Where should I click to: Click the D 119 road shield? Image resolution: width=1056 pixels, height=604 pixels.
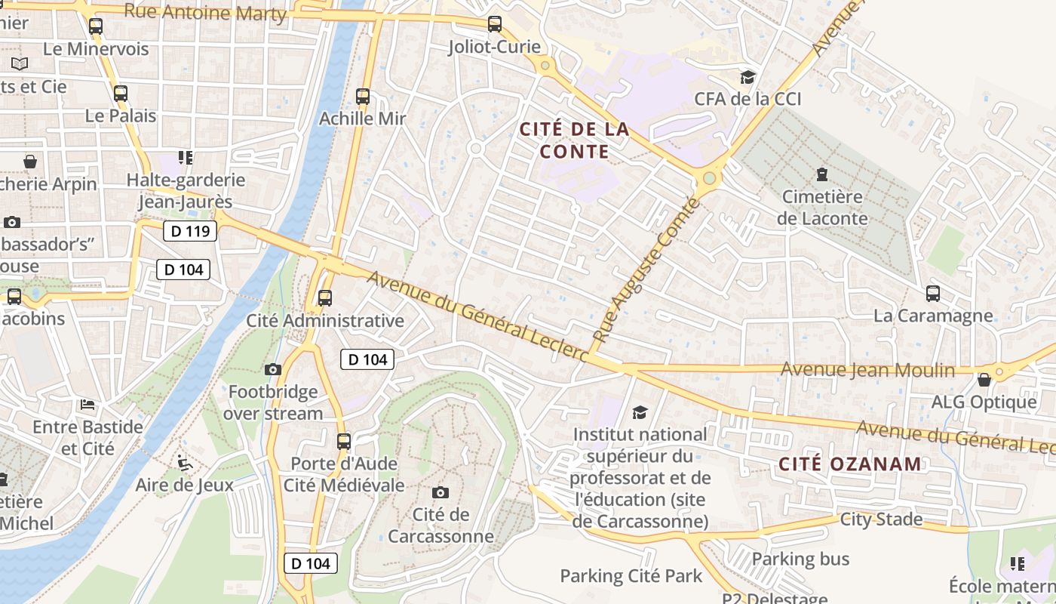(190, 231)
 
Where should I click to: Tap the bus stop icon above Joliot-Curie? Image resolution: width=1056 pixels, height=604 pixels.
(495, 24)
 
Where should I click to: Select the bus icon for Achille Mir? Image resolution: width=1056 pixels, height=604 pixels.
(363, 97)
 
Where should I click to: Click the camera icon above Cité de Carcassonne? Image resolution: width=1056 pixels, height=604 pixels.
(441, 493)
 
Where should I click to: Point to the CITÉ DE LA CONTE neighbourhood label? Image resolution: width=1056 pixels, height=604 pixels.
(574, 140)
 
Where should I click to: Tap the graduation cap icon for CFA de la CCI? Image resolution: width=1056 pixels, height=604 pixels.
(747, 77)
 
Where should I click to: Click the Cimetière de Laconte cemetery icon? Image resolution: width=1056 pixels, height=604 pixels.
(821, 175)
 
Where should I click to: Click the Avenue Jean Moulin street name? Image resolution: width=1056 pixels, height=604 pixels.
(867, 370)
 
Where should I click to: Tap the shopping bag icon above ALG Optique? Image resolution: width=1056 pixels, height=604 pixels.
(984, 380)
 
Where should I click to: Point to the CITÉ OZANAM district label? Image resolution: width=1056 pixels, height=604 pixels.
(849, 464)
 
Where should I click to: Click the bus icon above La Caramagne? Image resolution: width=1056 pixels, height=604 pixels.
(933, 294)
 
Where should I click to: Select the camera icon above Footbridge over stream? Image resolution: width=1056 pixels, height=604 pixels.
(273, 369)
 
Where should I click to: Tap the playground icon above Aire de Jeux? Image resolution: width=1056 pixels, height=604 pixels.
(183, 462)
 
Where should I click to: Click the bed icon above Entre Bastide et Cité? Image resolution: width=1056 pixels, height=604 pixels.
(87, 405)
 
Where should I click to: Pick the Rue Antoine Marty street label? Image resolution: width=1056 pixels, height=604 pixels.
(205, 13)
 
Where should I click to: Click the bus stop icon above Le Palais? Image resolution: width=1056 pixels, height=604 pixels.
(121, 94)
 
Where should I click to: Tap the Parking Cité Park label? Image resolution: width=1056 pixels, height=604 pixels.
(631, 576)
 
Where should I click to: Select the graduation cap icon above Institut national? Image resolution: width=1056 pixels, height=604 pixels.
(640, 412)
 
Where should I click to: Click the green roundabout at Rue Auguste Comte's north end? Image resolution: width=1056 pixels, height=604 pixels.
(709, 178)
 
